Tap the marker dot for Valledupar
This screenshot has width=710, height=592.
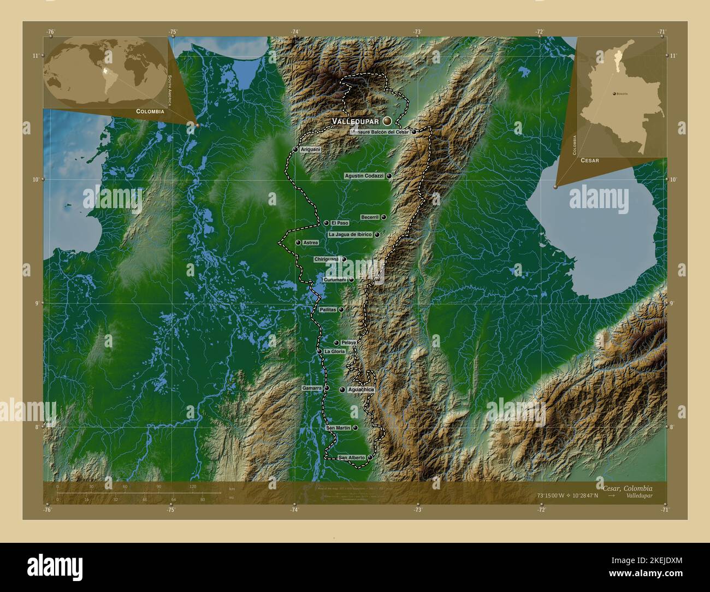(387, 120)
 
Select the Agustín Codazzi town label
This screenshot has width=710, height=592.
(364, 176)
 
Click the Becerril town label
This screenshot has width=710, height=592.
(370, 217)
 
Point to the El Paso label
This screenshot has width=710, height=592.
(339, 223)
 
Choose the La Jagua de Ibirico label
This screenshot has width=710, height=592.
(350, 234)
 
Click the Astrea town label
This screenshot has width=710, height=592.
(310, 242)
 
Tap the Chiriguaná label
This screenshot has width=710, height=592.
(327, 259)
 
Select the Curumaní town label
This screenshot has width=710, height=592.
(335, 280)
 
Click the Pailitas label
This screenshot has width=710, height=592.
(328, 310)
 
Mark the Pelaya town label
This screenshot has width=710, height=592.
(348, 342)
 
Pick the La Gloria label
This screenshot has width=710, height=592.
(334, 352)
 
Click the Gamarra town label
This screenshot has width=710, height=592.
(311, 388)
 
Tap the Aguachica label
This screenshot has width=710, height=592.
(360, 390)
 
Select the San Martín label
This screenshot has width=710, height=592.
(338, 428)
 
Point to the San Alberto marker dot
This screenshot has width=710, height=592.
(370, 457)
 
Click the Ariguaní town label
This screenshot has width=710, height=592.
(310, 149)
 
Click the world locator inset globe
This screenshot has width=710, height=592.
(104, 72)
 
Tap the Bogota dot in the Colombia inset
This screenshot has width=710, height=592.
(615, 94)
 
